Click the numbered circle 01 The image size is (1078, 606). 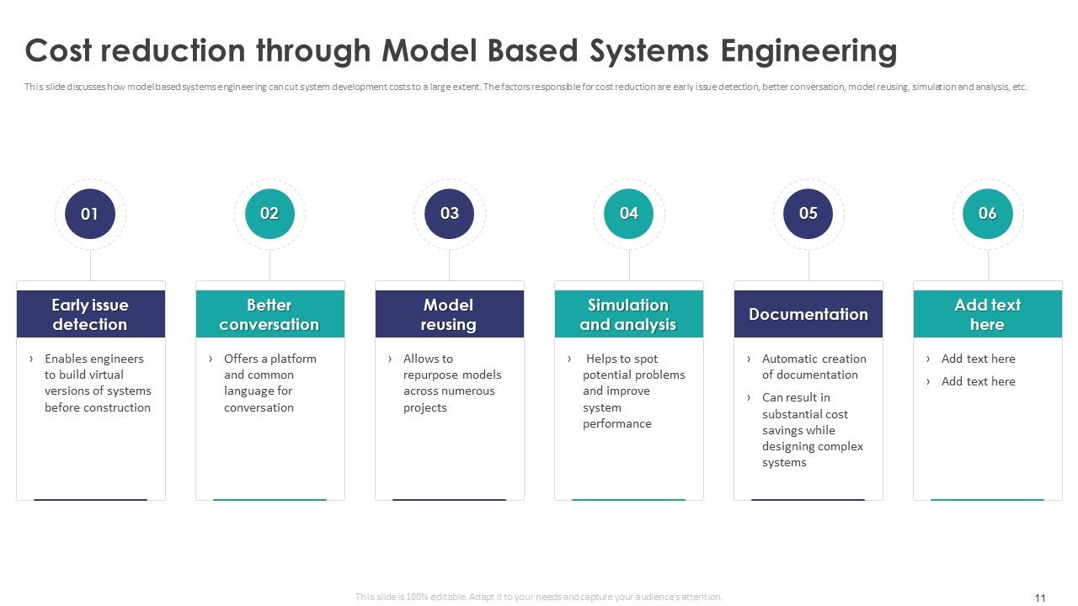[90, 214]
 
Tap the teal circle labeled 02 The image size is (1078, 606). [269, 214]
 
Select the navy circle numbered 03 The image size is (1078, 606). [449, 214]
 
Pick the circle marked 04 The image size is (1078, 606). [628, 214]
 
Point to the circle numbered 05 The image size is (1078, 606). [808, 214]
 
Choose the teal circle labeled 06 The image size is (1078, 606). [988, 214]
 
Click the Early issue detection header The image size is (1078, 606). [91, 314]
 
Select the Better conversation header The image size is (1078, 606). [270, 314]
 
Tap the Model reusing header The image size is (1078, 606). [450, 314]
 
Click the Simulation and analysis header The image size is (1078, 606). [629, 314]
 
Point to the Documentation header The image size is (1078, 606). [808, 314]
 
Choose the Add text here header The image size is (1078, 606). [988, 314]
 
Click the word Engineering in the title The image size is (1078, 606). [809, 51]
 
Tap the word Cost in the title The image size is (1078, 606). [58, 50]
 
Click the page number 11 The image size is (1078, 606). [1040, 598]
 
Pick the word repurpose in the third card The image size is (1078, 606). [427, 375]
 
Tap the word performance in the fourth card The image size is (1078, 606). [617, 424]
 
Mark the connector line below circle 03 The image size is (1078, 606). [449, 265]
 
